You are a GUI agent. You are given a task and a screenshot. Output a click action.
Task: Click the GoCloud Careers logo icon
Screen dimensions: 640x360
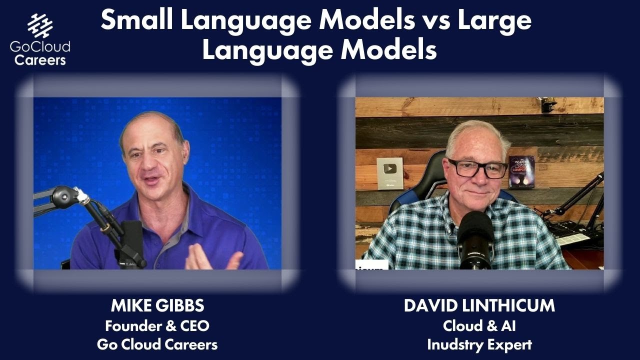pos(40,25)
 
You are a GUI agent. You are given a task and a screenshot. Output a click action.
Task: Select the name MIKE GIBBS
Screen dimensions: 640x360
pos(157,305)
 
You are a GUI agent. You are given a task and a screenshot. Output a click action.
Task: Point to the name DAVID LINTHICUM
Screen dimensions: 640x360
pos(479,305)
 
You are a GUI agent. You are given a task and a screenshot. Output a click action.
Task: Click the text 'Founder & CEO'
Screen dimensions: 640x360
pos(157,326)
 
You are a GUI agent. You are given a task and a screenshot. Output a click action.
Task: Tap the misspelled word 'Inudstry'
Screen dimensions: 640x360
pos(454,345)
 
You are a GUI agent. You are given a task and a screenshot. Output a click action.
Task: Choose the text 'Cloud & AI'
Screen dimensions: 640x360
pos(479,326)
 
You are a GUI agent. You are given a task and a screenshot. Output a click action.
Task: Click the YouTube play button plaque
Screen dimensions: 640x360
pos(390,173)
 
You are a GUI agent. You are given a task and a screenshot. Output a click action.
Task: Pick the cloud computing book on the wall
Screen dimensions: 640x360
pos(521,172)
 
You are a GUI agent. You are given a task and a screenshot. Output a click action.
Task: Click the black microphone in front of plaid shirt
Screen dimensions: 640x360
pos(475,240)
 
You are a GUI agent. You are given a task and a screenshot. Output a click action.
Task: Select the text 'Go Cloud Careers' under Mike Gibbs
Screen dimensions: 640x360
pos(157,344)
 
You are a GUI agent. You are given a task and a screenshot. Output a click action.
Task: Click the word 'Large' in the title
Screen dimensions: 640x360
pos(494,20)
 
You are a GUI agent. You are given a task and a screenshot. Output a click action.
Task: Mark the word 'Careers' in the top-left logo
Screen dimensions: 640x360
pos(40,60)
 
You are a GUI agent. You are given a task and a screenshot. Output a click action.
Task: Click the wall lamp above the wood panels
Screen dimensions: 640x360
pos(547,103)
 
